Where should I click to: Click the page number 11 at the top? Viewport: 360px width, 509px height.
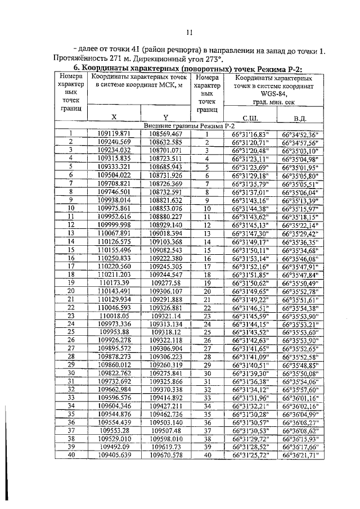[190, 32]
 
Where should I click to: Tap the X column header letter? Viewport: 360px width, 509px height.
[114, 117]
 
